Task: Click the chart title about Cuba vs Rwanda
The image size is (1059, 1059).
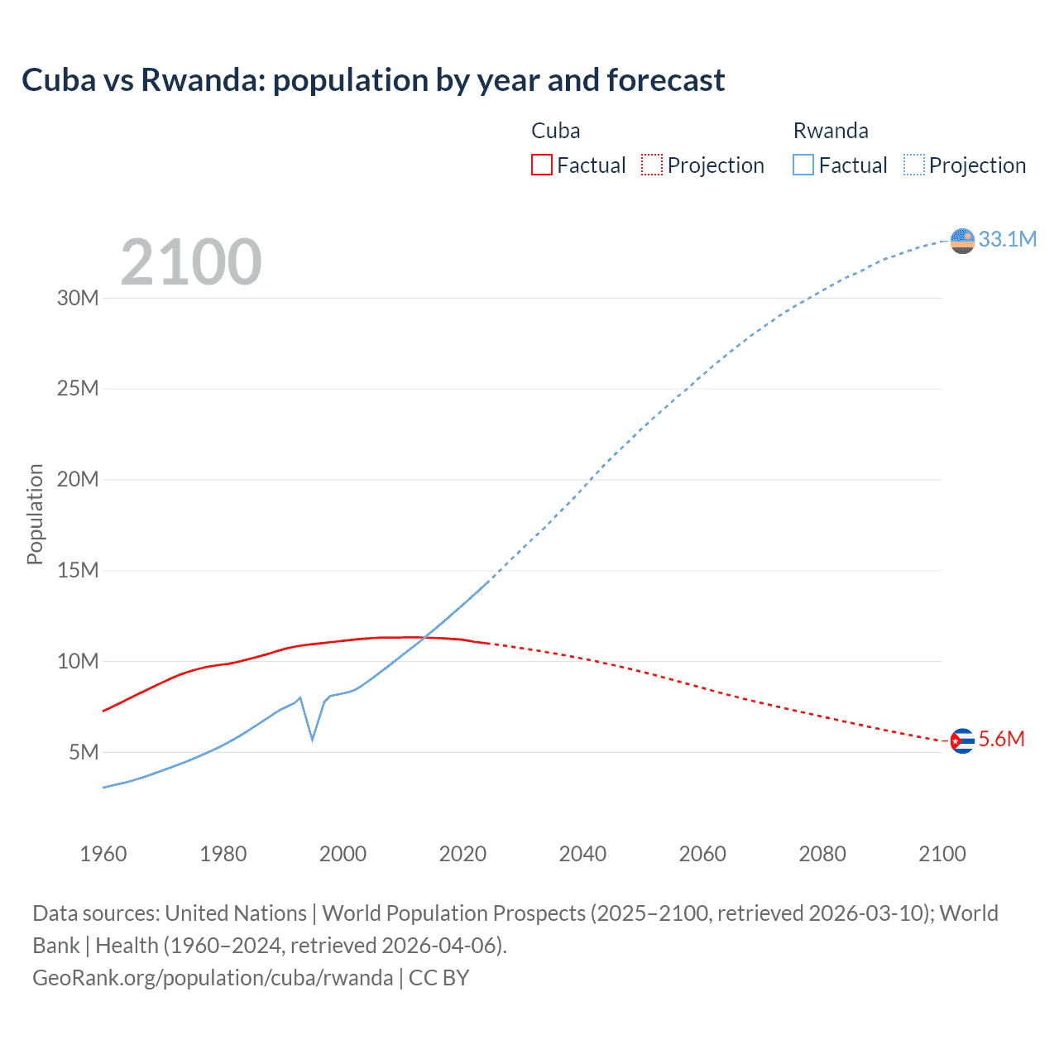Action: pos(373,80)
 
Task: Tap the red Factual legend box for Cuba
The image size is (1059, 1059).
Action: pos(541,165)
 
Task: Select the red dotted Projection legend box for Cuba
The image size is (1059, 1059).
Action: pos(652,165)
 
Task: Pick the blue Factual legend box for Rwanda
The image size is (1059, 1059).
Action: pos(803,165)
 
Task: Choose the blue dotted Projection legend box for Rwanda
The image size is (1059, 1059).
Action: pos(913,165)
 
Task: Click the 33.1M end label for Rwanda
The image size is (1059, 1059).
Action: pos(1007,239)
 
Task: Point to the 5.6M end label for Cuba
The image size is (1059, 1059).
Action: pos(1001,739)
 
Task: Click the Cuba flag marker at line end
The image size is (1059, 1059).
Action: pos(962,740)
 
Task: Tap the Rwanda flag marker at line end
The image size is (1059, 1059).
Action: pos(962,241)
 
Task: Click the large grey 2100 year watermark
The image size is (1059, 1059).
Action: pos(191,262)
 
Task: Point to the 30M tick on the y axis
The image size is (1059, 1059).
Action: pos(78,298)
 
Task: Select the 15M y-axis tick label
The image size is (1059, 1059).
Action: pos(78,570)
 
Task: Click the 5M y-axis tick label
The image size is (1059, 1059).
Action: pos(84,752)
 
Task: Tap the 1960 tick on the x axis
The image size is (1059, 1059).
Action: pos(103,854)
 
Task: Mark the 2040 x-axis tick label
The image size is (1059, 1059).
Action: pos(582,854)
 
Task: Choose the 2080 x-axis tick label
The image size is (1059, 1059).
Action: pos(822,854)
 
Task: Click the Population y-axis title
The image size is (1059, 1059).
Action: pos(35,514)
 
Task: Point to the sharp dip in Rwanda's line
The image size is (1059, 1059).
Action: pos(312,738)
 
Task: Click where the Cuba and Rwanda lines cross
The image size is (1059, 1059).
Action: pos(424,637)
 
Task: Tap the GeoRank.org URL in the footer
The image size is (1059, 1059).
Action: pos(213,977)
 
